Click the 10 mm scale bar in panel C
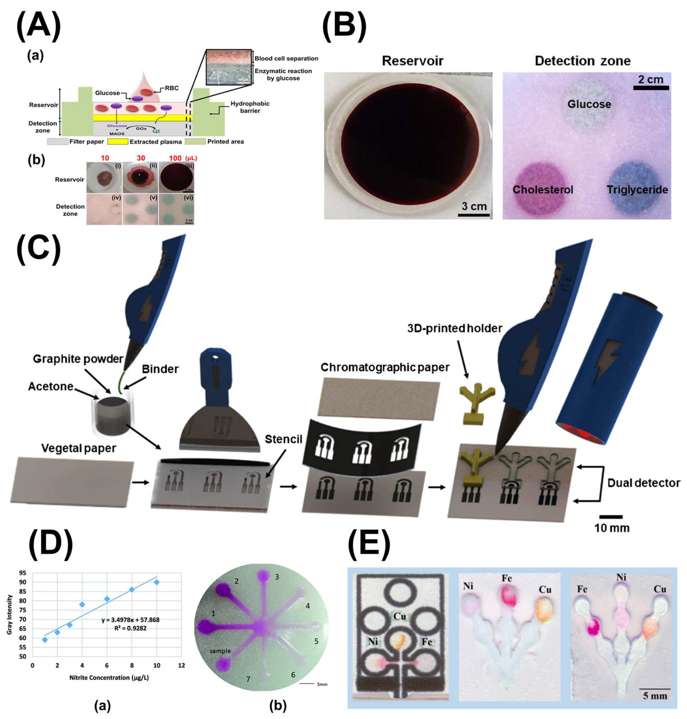(x=611, y=517)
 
